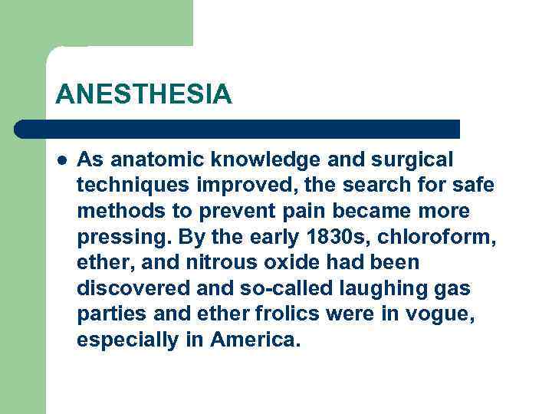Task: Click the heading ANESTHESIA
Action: [143, 94]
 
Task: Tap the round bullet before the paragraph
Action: [61, 160]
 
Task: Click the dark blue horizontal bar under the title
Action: [238, 129]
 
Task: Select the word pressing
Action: [115, 237]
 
